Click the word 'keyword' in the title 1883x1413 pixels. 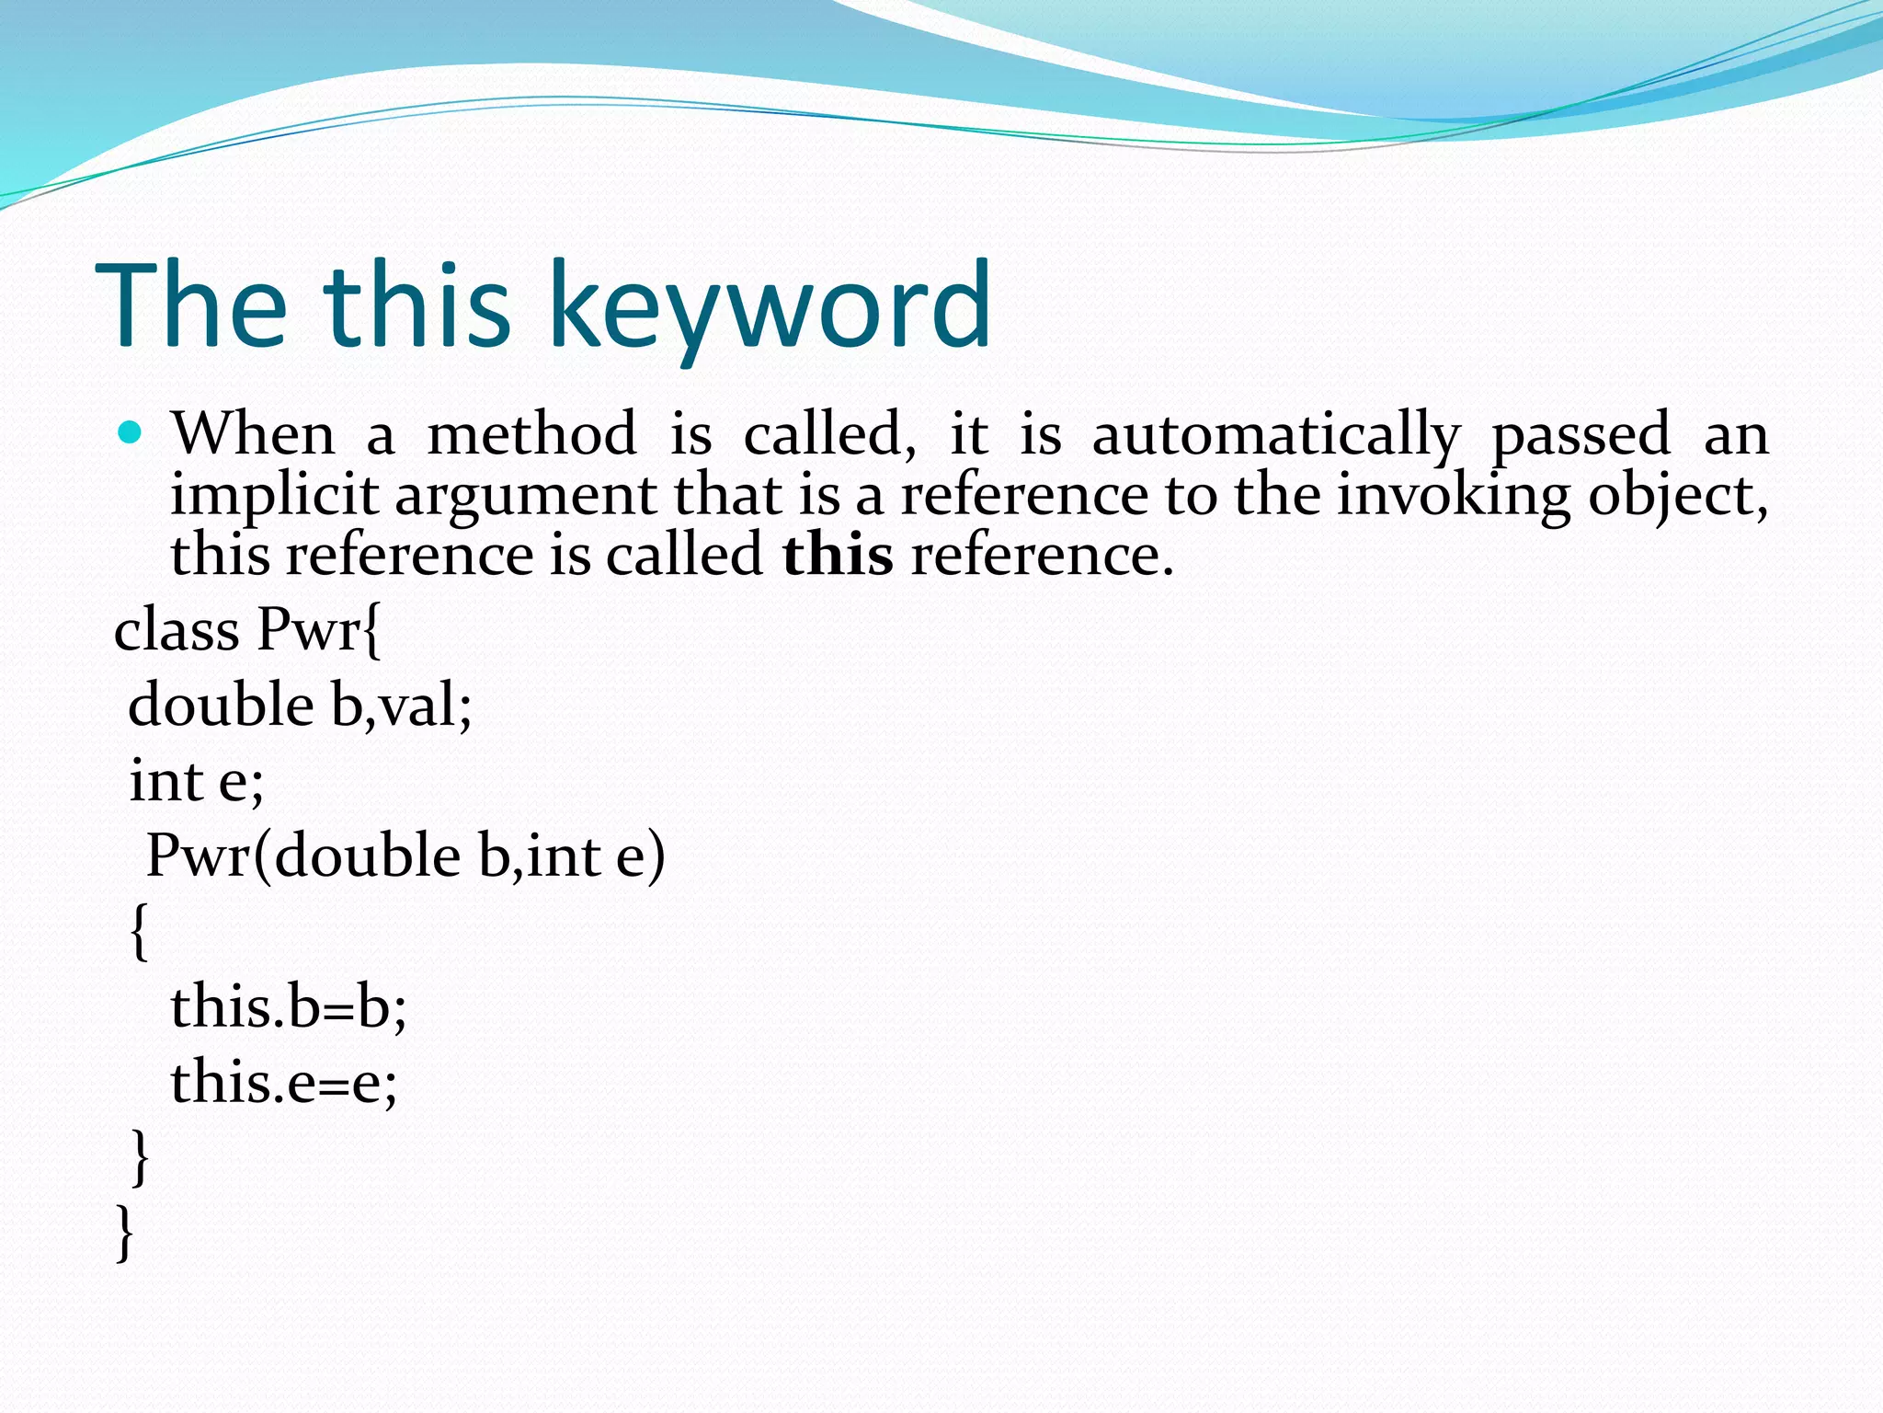click(x=770, y=307)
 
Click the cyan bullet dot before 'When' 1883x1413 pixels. click(x=130, y=432)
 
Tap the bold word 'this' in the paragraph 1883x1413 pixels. click(x=838, y=556)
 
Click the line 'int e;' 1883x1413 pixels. click(x=196, y=781)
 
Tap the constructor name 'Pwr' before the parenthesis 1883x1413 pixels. click(x=198, y=856)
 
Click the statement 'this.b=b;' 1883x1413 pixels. click(x=288, y=1006)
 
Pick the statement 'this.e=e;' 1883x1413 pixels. click(x=283, y=1082)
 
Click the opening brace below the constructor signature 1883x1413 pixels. click(x=139, y=931)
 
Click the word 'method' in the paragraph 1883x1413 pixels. click(x=531, y=434)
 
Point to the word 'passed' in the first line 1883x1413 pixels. click(x=1581, y=434)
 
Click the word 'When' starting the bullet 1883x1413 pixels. click(x=253, y=433)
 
